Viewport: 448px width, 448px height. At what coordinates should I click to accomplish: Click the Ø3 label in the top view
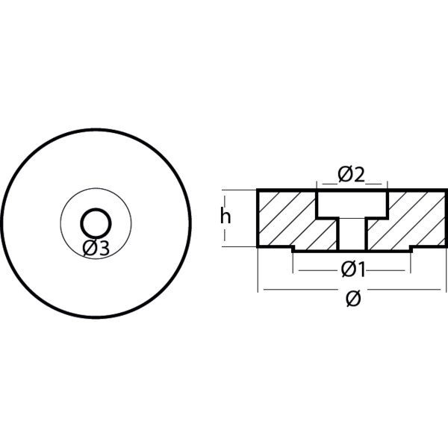click(97, 249)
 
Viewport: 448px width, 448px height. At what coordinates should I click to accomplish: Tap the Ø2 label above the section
click(351, 175)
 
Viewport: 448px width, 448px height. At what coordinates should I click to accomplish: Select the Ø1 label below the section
click(351, 267)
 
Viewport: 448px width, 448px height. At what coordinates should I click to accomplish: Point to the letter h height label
click(225, 217)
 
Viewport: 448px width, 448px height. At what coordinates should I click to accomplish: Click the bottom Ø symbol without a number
click(353, 299)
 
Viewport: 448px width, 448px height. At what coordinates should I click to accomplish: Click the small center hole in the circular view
click(96, 222)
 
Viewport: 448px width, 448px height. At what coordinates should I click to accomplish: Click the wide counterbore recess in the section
click(351, 203)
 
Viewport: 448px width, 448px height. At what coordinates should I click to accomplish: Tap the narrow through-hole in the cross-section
click(351, 233)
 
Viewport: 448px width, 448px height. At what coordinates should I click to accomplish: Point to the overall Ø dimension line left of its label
click(299, 290)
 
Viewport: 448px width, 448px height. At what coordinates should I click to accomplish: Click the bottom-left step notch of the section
click(293, 248)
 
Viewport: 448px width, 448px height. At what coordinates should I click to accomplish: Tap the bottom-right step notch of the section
click(410, 248)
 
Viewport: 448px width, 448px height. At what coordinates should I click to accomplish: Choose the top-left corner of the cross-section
click(258, 190)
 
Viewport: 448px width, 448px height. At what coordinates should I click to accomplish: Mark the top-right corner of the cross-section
click(445, 190)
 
